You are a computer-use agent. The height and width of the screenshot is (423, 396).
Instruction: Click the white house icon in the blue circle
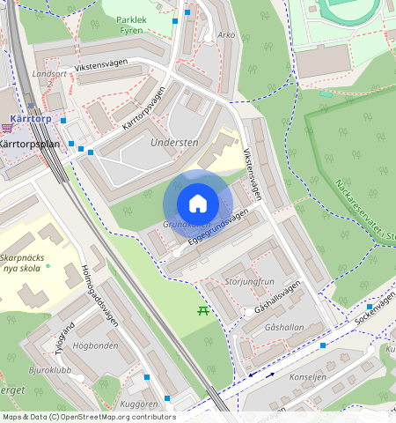198,204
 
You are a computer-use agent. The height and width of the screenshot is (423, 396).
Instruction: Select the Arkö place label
227,35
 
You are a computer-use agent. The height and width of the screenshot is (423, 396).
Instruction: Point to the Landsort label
49,74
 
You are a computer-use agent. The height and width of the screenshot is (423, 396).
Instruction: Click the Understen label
174,142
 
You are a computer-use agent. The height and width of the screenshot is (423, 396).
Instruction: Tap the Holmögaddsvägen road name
99,290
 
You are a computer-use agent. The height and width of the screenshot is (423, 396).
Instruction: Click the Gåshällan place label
284,326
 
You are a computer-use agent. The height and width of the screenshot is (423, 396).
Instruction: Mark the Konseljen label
308,376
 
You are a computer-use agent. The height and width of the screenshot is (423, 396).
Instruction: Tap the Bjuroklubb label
51,371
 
